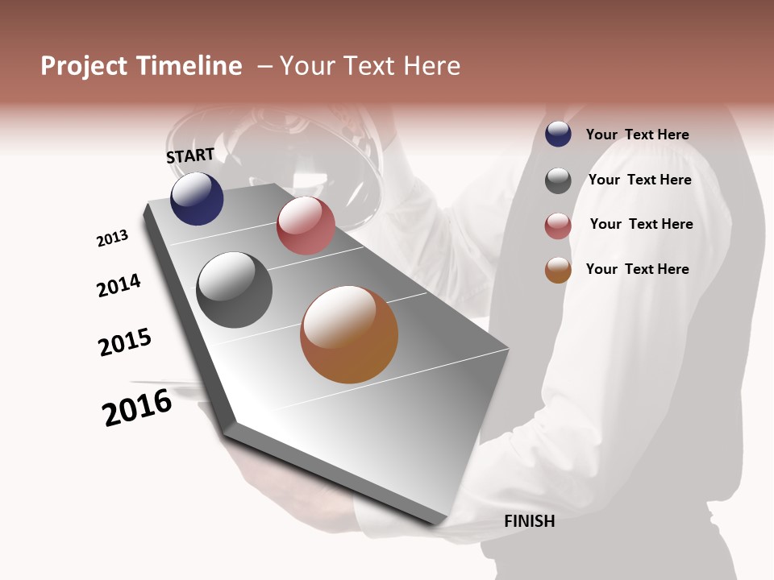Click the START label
(190, 155)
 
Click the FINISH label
(529, 521)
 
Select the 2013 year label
(112, 238)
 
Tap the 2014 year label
(119, 285)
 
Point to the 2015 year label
(125, 342)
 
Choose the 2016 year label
(137, 408)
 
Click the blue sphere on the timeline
(197, 199)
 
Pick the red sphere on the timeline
(306, 226)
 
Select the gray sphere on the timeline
(235, 290)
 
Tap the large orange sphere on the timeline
(349, 334)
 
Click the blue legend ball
(558, 135)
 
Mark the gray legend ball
(558, 180)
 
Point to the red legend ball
(558, 226)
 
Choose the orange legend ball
(558, 270)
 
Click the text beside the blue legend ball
(637, 135)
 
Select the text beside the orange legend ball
(637, 269)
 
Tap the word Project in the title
(83, 66)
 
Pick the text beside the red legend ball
(641, 224)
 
